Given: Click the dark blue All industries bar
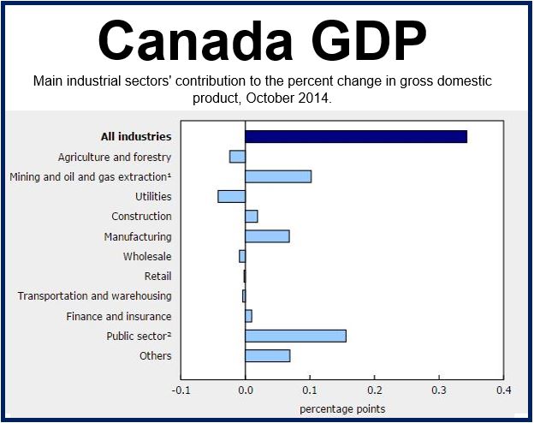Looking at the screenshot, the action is (x=356, y=137).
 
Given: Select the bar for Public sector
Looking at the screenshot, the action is (x=295, y=336).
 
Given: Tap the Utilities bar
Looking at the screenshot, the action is (x=232, y=197).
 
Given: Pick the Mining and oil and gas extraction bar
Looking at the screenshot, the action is (x=278, y=176).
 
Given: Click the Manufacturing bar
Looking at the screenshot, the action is (x=267, y=236).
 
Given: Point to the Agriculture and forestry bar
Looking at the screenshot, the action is (x=237, y=157).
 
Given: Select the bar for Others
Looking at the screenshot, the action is (x=268, y=356).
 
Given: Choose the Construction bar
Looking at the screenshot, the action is (x=252, y=217).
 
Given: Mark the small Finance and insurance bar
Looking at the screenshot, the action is (x=249, y=316).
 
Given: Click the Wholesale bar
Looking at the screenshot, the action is (x=242, y=256).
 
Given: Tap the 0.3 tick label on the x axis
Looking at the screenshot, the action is (x=439, y=390).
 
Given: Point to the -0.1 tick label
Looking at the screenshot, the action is (x=181, y=390).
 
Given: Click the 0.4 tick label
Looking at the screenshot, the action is (x=504, y=390).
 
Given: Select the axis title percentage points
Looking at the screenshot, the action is (x=342, y=409).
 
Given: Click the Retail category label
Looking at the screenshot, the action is (x=157, y=276).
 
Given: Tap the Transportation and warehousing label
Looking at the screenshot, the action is (x=94, y=296).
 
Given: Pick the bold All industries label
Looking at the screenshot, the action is (x=136, y=137).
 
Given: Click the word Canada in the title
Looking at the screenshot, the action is (x=195, y=41).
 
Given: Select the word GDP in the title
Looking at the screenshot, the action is (x=369, y=41).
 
